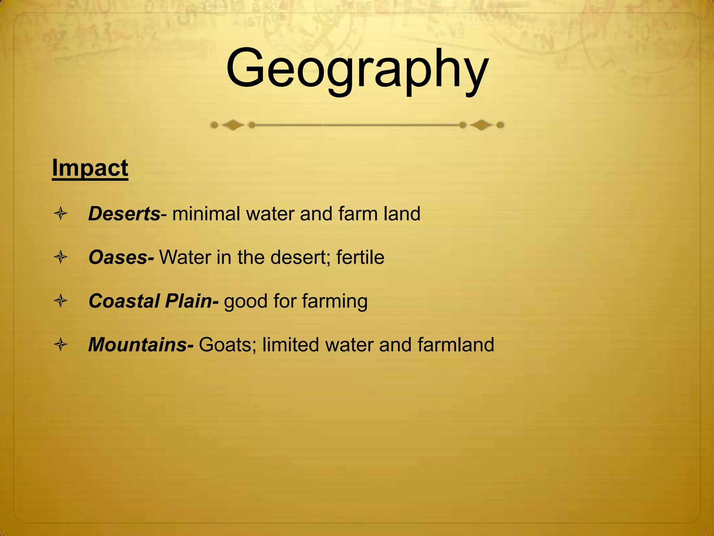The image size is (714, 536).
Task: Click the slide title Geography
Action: [357, 70]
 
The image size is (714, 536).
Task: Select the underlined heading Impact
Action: [90, 168]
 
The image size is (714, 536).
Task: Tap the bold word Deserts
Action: [124, 214]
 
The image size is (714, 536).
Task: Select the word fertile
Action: [360, 258]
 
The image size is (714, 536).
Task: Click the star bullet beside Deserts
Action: [61, 214]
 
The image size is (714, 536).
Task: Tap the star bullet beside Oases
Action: [61, 258]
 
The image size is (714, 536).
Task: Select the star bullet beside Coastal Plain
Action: [61, 301]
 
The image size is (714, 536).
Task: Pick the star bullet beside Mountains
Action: [61, 345]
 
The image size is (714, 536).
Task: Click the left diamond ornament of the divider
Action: [233, 125]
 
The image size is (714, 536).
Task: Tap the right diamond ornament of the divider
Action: [481, 125]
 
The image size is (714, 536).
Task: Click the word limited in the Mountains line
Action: [290, 345]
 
